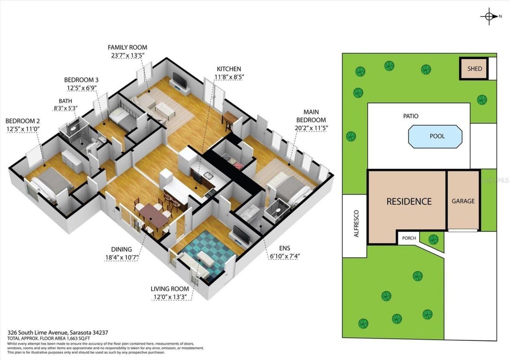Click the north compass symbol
488,16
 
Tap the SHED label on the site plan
475,68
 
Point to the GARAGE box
463,201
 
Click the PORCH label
409,238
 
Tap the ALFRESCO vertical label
356,224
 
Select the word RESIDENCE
409,202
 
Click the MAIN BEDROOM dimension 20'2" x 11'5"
311,128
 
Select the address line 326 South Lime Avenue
58,332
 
